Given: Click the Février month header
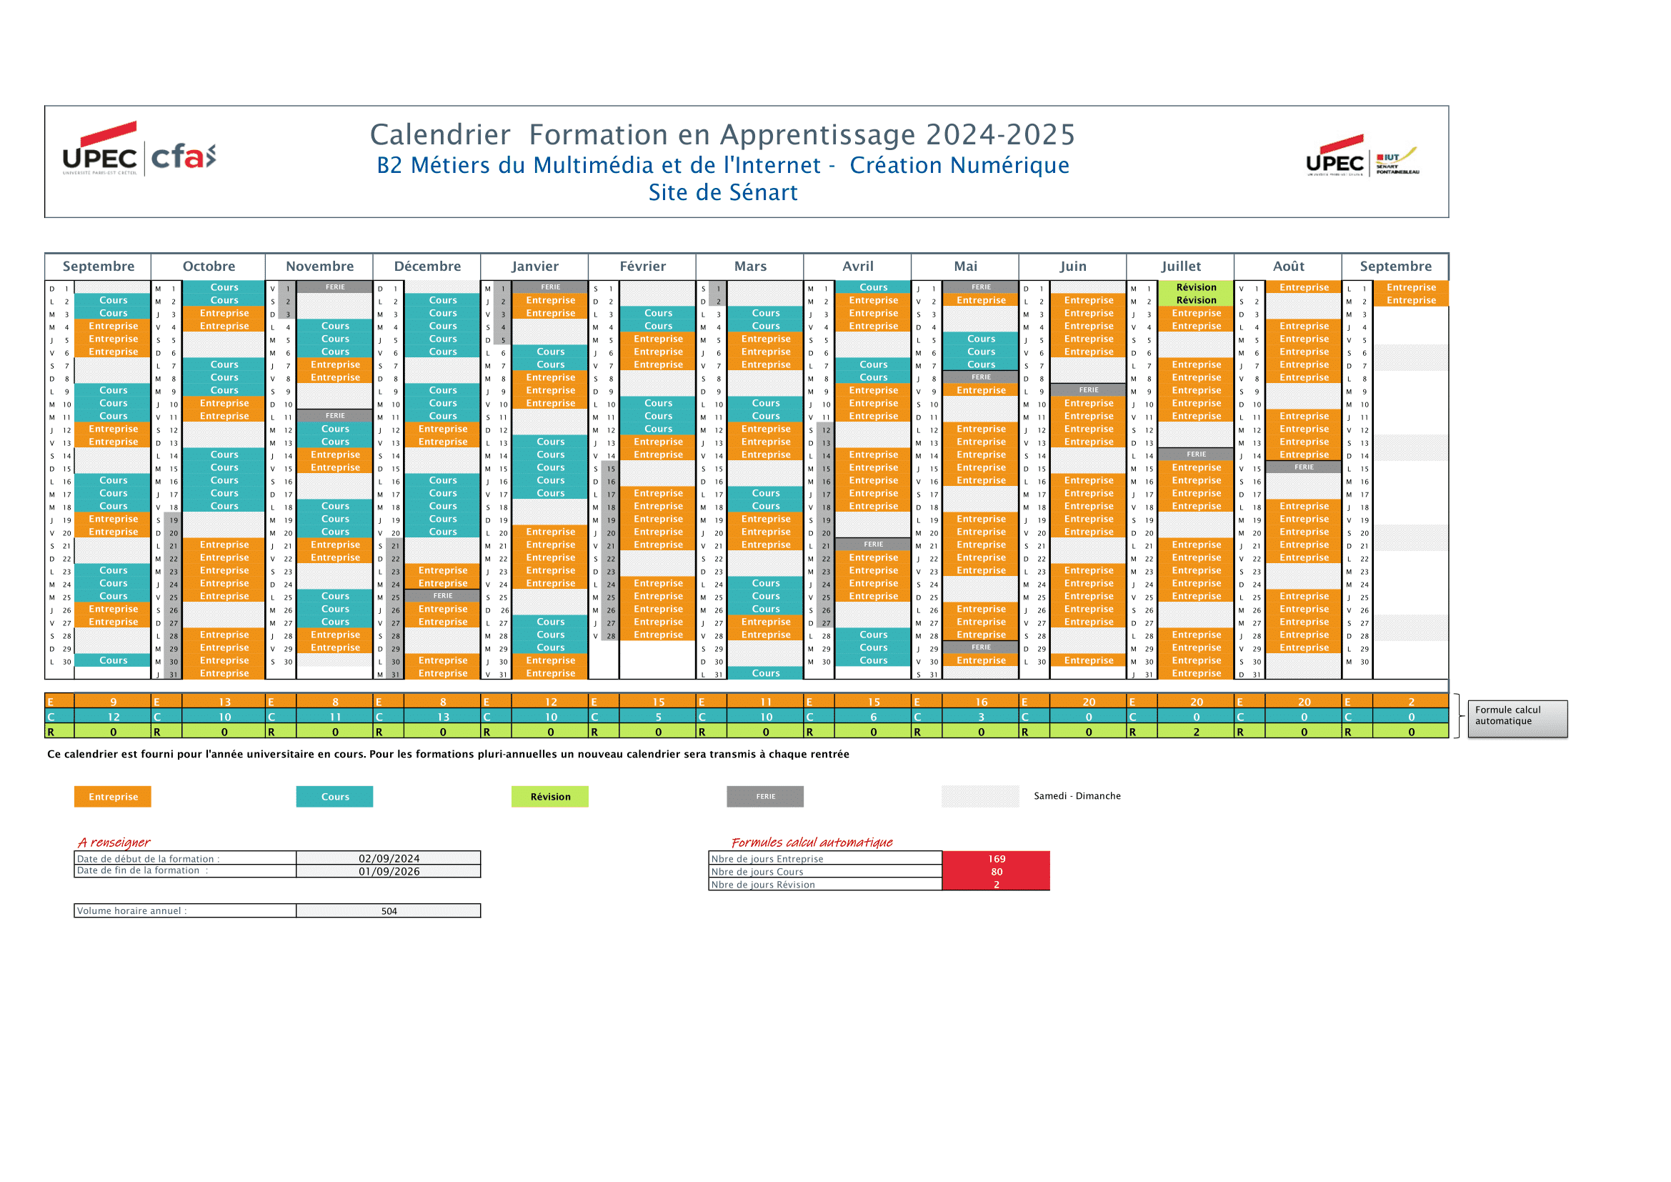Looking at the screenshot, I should coord(642,267).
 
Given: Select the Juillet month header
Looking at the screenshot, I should coord(1180,267).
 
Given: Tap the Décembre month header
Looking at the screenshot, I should coord(427,267).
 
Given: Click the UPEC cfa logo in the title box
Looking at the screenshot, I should coord(139,150).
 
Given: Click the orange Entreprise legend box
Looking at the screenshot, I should coord(113,796).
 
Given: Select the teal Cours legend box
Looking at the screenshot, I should coord(335,796).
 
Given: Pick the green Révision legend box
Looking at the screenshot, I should coord(550,796).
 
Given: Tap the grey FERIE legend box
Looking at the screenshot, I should coord(765,796).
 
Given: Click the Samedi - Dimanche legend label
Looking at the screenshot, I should coord(1077,795).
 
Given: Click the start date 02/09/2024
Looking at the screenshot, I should coord(389,858).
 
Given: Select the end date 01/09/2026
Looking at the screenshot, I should coord(389,871).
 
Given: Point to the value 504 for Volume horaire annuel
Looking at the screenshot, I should coord(389,910).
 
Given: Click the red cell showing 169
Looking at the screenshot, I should coord(997,859).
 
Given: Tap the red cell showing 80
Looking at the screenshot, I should coord(997,872).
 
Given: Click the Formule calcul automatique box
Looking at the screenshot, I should coord(1517,718).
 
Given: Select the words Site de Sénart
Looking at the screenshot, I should coord(723,192).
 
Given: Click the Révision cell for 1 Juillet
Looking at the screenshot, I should coord(1196,287).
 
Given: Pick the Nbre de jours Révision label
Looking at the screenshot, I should coord(763,884).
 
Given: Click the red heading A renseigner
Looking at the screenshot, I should coord(114,842).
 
